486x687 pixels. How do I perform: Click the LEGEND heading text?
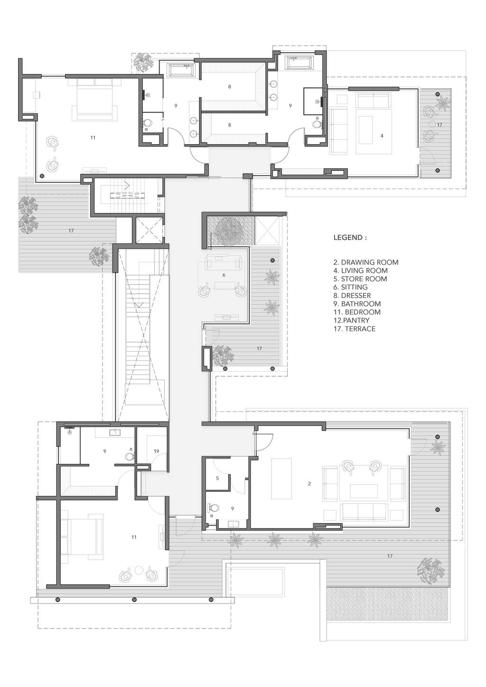[x=350, y=238]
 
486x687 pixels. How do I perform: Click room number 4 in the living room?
[x=382, y=136]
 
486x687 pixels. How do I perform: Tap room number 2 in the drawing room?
[x=309, y=483]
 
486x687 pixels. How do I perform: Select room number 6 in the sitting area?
[x=224, y=275]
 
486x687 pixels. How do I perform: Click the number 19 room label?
[x=156, y=451]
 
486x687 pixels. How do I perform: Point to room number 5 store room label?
[x=217, y=478]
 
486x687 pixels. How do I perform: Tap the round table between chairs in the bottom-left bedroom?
[x=139, y=571]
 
